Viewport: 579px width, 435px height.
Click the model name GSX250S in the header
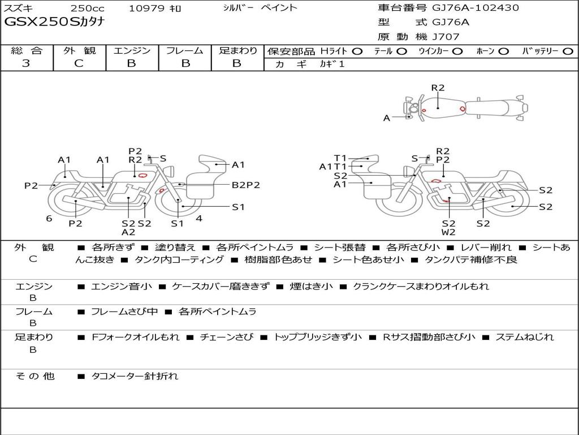(x=42, y=22)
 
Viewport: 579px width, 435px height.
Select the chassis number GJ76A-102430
(x=475, y=7)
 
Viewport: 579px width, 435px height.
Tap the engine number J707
(x=446, y=37)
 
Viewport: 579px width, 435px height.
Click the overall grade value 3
(x=26, y=63)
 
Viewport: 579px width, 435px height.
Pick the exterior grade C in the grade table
(x=79, y=63)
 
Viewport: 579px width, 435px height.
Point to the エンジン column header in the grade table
(x=132, y=50)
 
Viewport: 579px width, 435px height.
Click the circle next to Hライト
(x=357, y=52)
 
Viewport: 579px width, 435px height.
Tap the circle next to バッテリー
(x=568, y=52)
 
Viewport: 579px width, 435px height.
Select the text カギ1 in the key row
(x=332, y=64)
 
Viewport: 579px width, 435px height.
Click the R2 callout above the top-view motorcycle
(x=438, y=88)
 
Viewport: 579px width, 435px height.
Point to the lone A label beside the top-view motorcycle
(x=387, y=118)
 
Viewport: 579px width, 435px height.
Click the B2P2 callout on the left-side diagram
(x=245, y=185)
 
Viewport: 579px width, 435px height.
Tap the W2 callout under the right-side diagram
(x=448, y=232)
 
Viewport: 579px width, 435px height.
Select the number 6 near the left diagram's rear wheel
(x=49, y=219)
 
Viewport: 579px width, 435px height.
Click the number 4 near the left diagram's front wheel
(x=199, y=219)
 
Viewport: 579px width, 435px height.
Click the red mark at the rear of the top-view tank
(x=463, y=109)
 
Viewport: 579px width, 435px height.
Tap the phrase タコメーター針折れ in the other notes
(x=135, y=376)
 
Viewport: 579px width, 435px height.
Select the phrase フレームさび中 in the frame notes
(x=124, y=312)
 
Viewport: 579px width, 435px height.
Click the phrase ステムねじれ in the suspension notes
(x=524, y=337)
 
